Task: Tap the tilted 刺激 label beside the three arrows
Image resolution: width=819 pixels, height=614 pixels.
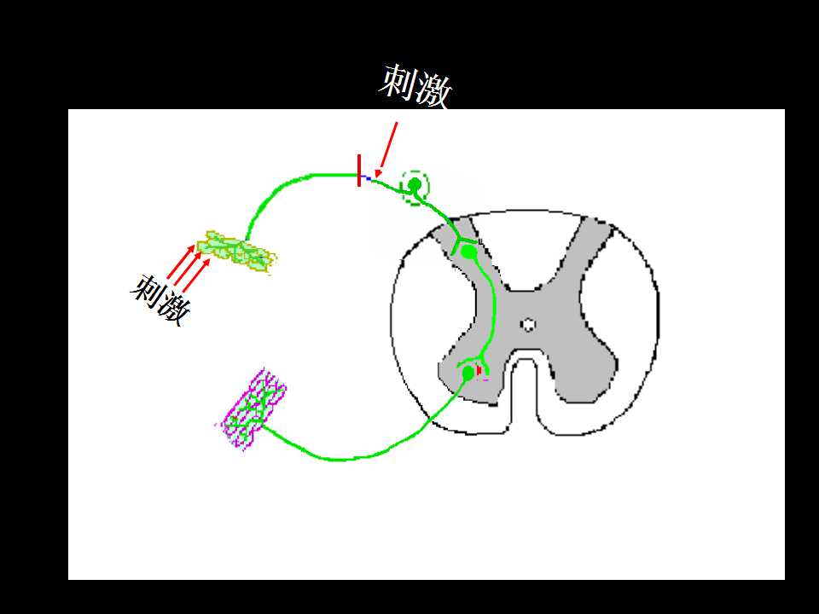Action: [161, 299]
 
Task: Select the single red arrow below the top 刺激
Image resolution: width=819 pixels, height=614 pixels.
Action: [386, 150]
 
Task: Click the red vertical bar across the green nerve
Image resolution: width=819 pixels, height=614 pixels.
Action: [359, 171]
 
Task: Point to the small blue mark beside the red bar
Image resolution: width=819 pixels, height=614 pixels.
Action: [368, 178]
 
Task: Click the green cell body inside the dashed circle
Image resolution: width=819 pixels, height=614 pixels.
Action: [415, 184]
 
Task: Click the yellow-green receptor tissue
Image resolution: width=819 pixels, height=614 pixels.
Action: [236, 251]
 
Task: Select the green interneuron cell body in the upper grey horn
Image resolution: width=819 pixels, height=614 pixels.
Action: [469, 252]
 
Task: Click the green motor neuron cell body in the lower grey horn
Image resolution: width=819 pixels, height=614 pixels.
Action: [468, 373]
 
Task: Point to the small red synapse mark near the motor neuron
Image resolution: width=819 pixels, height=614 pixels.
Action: [479, 370]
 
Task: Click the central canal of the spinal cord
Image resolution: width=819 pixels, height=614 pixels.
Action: [529, 325]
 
